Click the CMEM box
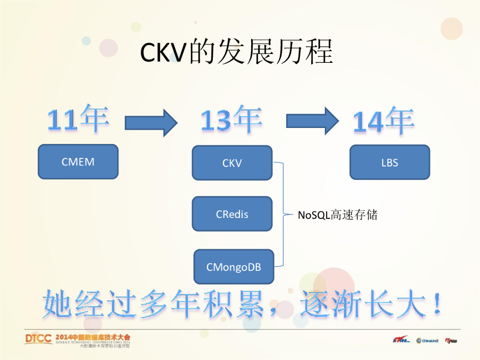coord(78,162)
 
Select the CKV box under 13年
coord(232,163)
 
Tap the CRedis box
coord(232,214)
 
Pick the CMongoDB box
coord(233,267)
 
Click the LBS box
coord(390,162)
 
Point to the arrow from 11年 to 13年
coord(151,123)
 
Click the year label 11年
coord(78,119)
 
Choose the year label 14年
coord(384,121)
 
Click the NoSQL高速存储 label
coord(337,215)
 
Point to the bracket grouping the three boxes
coord(282,215)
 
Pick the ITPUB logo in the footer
coord(451,341)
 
